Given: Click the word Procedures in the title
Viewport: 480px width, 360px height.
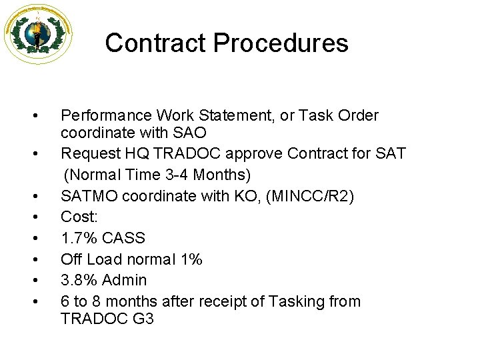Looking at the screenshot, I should (x=281, y=43).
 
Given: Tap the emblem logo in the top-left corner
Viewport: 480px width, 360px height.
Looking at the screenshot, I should (x=38, y=34).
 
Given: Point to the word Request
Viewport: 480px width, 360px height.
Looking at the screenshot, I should (x=90, y=154).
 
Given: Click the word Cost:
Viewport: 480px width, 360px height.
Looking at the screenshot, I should (x=79, y=217).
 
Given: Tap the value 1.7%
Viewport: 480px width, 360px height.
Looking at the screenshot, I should (x=78, y=239).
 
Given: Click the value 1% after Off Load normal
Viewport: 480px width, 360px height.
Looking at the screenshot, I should (x=191, y=259).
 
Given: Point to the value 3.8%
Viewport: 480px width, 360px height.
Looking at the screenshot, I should (x=78, y=281).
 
